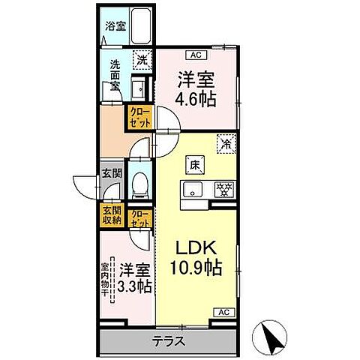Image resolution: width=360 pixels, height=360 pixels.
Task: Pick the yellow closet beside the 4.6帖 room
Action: click(142, 118)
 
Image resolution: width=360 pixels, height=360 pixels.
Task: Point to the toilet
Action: click(140, 183)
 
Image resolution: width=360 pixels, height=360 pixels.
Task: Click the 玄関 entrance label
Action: click(112, 174)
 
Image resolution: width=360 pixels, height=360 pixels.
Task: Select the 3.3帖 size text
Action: click(136, 286)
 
